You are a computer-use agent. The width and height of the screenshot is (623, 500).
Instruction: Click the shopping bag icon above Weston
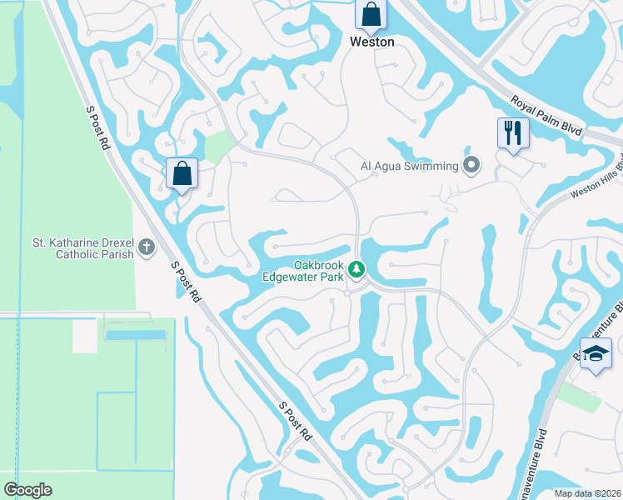pos(371,14)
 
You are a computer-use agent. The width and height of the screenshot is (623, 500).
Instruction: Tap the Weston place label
pos(371,42)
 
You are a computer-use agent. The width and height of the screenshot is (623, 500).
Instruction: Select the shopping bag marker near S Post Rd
pos(182,174)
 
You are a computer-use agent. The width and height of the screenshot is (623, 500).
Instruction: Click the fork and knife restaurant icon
pos(512,132)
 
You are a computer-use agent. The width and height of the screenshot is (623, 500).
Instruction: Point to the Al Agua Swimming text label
pos(409,166)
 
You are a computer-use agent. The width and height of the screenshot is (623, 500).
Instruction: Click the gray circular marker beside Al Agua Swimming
pos(472,165)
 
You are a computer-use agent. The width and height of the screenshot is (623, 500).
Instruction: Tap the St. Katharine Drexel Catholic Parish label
pos(82,248)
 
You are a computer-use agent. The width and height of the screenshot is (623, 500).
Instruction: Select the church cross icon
pos(147,247)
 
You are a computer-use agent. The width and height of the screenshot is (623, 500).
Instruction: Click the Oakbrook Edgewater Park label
pos(303,269)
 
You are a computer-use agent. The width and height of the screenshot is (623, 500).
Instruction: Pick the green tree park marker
pos(356,268)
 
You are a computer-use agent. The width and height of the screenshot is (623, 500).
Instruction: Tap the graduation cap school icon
pos(596,353)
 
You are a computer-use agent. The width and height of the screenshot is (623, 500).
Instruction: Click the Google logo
pos(27,490)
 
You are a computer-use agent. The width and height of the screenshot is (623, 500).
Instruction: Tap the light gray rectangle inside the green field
pos(84,336)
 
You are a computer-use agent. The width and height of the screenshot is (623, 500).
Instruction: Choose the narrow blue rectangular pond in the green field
pos(137,334)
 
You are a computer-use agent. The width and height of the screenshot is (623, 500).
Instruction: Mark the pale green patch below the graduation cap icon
pos(578,397)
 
